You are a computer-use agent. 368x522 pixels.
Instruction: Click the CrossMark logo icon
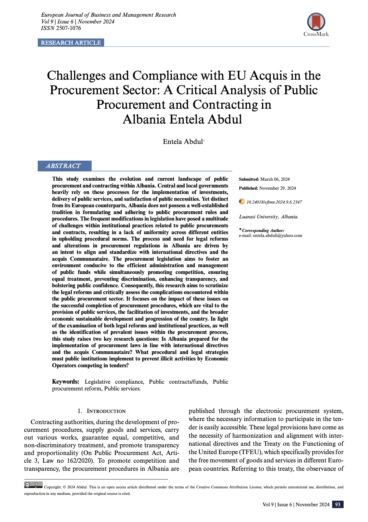(316, 22)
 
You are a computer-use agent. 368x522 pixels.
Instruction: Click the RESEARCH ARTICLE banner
(71, 43)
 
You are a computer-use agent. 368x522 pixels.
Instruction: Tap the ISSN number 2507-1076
(69, 28)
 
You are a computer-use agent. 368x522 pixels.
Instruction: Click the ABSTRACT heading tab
(64, 166)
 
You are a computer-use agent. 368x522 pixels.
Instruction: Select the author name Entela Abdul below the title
(183, 141)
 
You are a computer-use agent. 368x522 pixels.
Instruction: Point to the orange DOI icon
(242, 202)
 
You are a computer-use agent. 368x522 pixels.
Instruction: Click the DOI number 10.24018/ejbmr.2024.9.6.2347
(274, 202)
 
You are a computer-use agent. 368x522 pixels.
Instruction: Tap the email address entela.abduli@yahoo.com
(277, 235)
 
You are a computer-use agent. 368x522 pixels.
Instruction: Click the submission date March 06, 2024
(275, 179)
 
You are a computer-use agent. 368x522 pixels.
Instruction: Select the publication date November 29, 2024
(278, 188)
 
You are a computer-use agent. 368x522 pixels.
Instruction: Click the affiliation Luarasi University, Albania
(269, 217)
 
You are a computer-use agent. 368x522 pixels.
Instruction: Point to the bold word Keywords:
(65, 382)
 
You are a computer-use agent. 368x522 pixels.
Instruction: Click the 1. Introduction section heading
(102, 411)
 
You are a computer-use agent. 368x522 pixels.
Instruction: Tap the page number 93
(338, 504)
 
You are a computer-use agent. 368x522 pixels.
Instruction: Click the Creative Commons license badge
(33, 485)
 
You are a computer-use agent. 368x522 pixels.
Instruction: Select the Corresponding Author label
(263, 230)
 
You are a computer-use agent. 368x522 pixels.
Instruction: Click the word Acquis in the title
(268, 76)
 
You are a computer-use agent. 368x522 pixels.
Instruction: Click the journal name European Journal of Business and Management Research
(108, 15)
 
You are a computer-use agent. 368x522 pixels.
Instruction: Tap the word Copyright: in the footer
(53, 487)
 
